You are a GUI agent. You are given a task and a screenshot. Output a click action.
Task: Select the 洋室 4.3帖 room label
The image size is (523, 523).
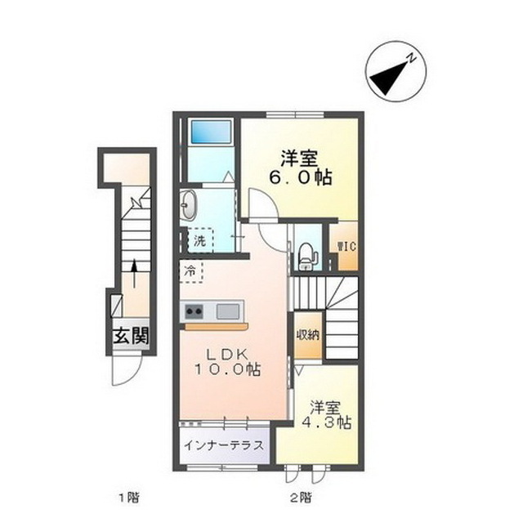pyautogui.click(x=330, y=414)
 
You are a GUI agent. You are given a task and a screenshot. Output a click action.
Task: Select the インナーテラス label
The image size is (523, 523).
pyautogui.click(x=223, y=446)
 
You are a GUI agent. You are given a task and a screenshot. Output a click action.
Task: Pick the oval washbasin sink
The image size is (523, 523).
pyautogui.click(x=189, y=205)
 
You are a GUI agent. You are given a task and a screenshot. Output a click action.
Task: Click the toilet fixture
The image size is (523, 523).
pyautogui.click(x=306, y=254)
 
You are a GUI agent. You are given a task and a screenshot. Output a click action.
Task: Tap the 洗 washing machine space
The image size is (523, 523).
pyautogui.click(x=198, y=241)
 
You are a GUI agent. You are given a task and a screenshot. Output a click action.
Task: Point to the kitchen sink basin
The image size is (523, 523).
pyautogui.click(x=228, y=311)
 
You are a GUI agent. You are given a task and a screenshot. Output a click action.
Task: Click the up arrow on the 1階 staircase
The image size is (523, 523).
pyautogui.click(x=133, y=273)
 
